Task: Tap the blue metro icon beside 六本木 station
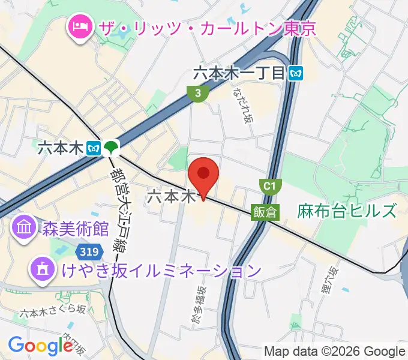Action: (93, 148)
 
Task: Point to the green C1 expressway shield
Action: (269, 186)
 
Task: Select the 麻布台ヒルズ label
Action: (346, 211)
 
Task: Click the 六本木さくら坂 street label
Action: (53, 311)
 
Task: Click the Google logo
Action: (40, 346)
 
